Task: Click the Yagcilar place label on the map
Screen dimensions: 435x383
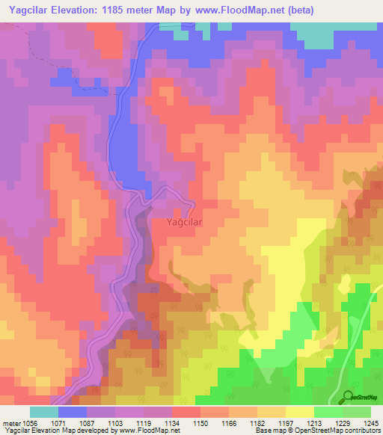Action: pyautogui.click(x=179, y=222)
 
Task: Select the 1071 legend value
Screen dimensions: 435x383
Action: pyautogui.click(x=58, y=422)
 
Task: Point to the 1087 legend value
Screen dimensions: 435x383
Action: pyautogui.click(x=87, y=422)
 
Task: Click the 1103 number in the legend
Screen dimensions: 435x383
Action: pyautogui.click(x=115, y=422)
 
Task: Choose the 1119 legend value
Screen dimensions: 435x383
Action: pyautogui.click(x=144, y=422)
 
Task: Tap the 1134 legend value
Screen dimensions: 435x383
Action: pyautogui.click(x=172, y=422)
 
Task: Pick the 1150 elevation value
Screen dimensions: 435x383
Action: pyautogui.click(x=200, y=422)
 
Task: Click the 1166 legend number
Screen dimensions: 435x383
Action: pyautogui.click(x=229, y=422)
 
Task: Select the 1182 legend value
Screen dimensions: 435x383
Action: pyautogui.click(x=257, y=422)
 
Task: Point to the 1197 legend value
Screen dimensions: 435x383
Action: pyautogui.click(x=286, y=422)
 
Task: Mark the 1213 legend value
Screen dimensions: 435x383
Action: pyautogui.click(x=314, y=422)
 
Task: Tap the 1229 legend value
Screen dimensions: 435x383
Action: pyautogui.click(x=343, y=422)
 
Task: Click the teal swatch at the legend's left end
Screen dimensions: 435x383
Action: pyautogui.click(x=44, y=412)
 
